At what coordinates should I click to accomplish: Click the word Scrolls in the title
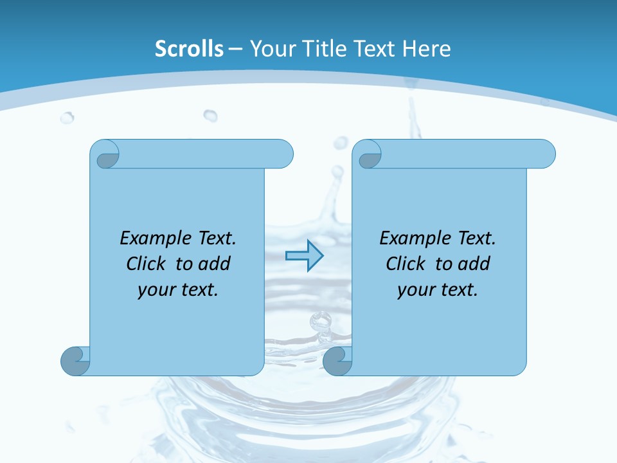189,49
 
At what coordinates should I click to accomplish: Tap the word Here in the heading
426,49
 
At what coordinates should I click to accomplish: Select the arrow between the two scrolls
304,255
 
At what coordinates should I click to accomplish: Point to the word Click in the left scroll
148,264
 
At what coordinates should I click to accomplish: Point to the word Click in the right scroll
407,264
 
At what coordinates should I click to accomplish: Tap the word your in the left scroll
155,290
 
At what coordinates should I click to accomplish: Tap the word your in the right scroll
415,290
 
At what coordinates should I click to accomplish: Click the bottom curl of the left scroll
75,360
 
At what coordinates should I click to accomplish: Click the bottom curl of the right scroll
337,360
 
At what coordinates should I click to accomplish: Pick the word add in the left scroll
215,264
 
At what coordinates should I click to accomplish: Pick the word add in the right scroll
475,264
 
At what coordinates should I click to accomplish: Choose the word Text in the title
372,49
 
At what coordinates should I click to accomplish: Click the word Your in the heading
270,49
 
